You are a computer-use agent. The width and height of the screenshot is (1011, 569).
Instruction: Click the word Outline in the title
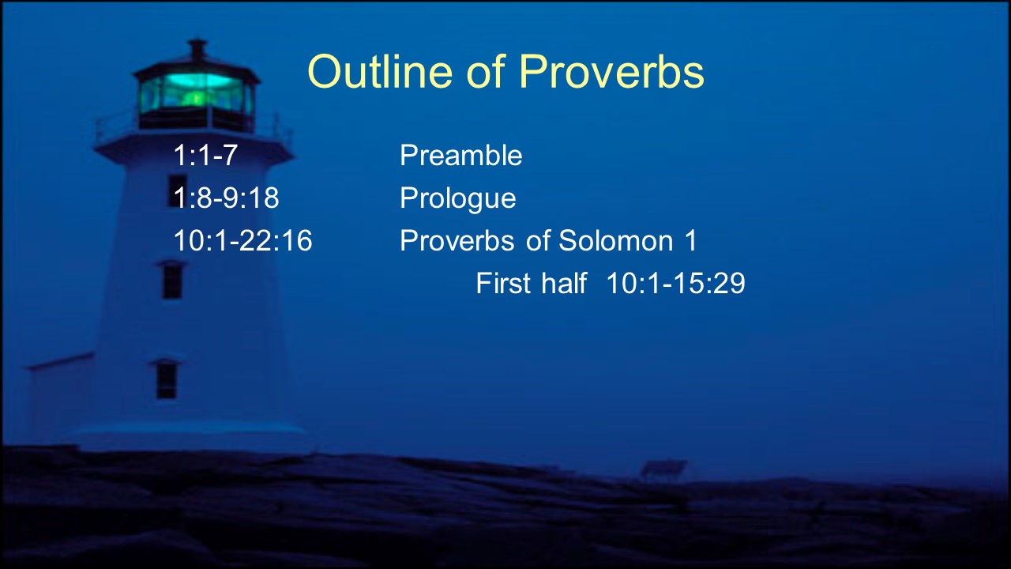(x=380, y=71)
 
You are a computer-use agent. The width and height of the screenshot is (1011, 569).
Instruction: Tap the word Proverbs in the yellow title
(x=611, y=72)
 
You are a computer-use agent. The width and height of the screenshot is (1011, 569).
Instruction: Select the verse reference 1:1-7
(x=205, y=156)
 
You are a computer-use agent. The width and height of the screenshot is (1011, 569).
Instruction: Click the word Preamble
(x=460, y=156)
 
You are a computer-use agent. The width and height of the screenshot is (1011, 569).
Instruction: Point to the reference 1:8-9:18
(x=226, y=198)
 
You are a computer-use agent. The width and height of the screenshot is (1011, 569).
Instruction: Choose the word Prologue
(x=457, y=198)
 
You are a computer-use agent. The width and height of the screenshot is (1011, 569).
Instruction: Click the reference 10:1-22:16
(x=242, y=240)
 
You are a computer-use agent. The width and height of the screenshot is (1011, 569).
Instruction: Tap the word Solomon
(x=616, y=240)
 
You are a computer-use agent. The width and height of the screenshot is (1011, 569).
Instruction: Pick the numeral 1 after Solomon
(x=690, y=240)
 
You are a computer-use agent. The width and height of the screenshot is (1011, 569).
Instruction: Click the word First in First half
(x=503, y=283)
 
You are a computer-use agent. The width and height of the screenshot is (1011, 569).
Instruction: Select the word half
(x=564, y=283)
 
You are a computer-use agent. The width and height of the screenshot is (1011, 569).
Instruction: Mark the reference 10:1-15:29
(x=675, y=283)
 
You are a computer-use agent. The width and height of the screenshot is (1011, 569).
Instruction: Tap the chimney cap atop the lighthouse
(x=197, y=48)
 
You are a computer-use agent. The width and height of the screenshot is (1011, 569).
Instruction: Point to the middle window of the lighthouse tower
(x=172, y=280)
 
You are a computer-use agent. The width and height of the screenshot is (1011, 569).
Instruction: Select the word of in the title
(x=485, y=71)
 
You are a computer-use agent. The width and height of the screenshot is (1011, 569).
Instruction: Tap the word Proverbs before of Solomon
(x=457, y=240)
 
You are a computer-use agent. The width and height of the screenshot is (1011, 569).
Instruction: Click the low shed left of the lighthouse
(x=61, y=398)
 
